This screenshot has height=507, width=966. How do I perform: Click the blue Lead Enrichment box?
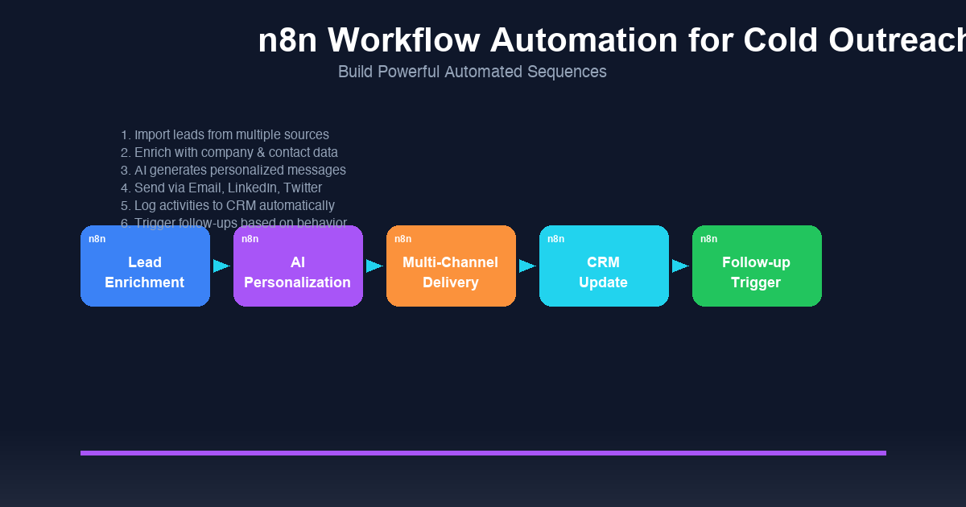pyautogui.click(x=145, y=272)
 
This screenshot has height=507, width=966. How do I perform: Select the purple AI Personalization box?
pyautogui.click(x=298, y=272)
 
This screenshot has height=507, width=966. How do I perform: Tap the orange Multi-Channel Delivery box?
pyautogui.click(x=451, y=272)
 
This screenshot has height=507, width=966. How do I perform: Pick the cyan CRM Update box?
pyautogui.click(x=604, y=272)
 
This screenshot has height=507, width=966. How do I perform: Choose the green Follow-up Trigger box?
pyautogui.click(x=757, y=272)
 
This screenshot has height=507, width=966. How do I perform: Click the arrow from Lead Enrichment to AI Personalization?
pyautogui.click(x=221, y=266)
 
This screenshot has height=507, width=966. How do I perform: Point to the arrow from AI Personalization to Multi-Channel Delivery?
pyautogui.click(x=374, y=266)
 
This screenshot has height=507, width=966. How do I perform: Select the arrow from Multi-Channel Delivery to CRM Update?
pyautogui.click(x=527, y=266)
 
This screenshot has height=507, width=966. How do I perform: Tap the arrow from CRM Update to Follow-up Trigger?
pyautogui.click(x=680, y=266)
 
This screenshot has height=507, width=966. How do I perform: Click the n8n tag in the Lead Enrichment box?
pyautogui.click(x=97, y=239)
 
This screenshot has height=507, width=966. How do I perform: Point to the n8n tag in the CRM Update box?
pyautogui.click(x=555, y=239)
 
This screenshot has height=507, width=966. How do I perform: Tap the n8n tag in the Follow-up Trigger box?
pyautogui.click(x=708, y=239)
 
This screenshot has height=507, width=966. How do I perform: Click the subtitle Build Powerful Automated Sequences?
pyautogui.click(x=472, y=72)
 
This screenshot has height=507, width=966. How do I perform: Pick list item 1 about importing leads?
pyautogui.click(x=225, y=135)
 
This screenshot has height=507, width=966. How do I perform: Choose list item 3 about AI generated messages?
pyautogui.click(x=233, y=171)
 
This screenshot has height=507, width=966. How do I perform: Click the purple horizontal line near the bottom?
pyautogui.click(x=483, y=453)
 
